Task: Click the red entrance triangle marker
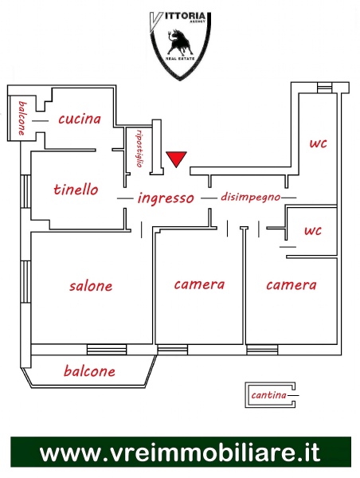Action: tap(176, 159)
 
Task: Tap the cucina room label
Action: tap(80, 119)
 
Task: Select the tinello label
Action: tap(76, 190)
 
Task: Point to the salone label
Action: tap(91, 286)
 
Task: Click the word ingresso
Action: tap(166, 198)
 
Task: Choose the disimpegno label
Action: tap(251, 197)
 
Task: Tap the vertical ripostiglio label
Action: tap(139, 148)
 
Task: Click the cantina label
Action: tap(269, 395)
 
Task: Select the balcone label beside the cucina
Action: tap(22, 118)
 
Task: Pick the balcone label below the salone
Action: tap(90, 371)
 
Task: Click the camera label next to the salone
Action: tap(199, 284)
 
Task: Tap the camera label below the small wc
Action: tap(292, 285)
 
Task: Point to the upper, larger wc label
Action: tap(319, 143)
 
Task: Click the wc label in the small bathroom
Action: tap(313, 230)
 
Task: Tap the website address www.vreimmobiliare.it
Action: tap(180, 453)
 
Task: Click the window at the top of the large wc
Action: tap(323, 88)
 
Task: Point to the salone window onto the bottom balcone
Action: tap(107, 350)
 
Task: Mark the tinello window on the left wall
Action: tap(25, 191)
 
